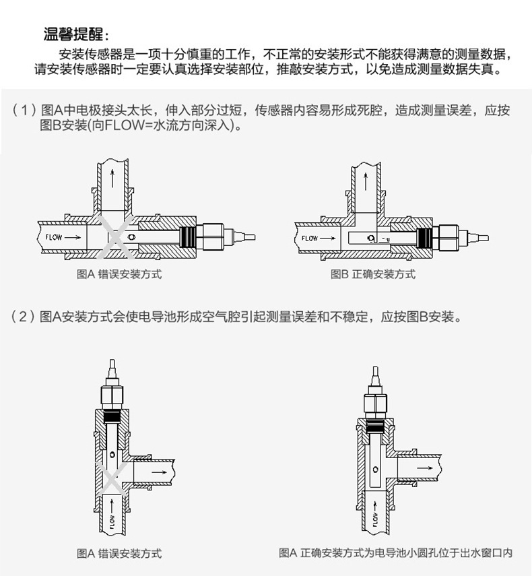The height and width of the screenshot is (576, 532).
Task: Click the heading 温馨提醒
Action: click(x=76, y=34)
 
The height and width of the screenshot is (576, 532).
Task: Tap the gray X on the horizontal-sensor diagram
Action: click(x=116, y=237)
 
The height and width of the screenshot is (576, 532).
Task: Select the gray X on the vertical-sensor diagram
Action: click(x=112, y=479)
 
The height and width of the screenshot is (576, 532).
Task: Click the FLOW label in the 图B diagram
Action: click(x=310, y=238)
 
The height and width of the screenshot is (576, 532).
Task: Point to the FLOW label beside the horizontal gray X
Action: click(x=54, y=237)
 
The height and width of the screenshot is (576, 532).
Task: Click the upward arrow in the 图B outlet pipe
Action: click(x=365, y=182)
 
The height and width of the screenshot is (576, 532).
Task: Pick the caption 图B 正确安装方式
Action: click(x=373, y=274)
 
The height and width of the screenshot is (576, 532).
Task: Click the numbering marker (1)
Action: click(x=24, y=110)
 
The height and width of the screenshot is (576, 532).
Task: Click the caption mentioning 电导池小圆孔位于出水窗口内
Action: click(x=395, y=552)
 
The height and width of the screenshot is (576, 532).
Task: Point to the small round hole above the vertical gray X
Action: click(x=112, y=455)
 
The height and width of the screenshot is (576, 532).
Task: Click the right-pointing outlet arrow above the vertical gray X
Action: click(x=159, y=472)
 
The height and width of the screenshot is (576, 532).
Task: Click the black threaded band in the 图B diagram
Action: click(x=424, y=238)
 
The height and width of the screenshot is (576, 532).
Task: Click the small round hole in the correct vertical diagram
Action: click(x=375, y=470)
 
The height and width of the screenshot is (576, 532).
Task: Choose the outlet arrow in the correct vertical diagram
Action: click(x=425, y=468)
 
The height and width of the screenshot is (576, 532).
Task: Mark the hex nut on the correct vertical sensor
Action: click(x=375, y=407)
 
